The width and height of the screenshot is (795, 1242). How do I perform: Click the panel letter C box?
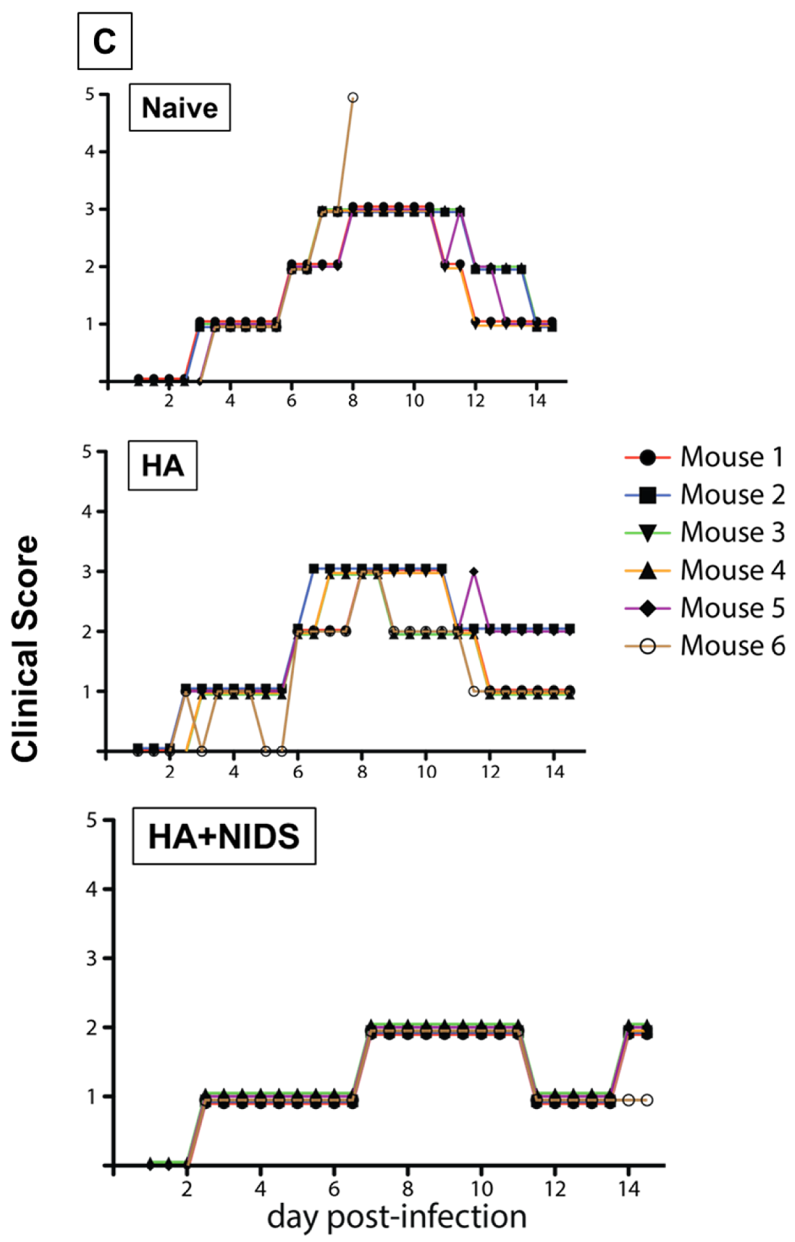pyautogui.click(x=105, y=41)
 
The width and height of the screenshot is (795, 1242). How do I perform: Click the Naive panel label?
pyautogui.click(x=180, y=108)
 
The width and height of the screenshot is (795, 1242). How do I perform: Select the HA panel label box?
pyautogui.click(x=163, y=466)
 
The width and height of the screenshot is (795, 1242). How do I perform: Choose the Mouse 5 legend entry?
pyautogui.click(x=705, y=608)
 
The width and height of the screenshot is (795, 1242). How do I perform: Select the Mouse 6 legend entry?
pyautogui.click(x=705, y=645)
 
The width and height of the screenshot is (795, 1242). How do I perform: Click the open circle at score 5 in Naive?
pyautogui.click(x=353, y=97)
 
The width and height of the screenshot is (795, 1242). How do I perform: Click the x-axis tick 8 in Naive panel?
pyautogui.click(x=353, y=401)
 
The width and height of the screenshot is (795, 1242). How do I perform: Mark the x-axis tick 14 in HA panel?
pyautogui.click(x=554, y=772)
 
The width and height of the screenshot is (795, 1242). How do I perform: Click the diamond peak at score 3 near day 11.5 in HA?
pyautogui.click(x=474, y=572)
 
